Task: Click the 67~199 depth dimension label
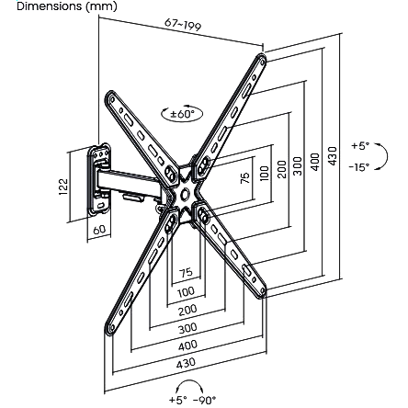click(183, 25)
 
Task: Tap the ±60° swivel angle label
click(183, 114)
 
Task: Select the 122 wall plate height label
click(63, 187)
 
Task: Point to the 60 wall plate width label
click(99, 230)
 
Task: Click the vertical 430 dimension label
click(332, 156)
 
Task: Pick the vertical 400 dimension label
click(314, 162)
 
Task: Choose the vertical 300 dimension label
click(298, 166)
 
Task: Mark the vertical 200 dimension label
click(281, 169)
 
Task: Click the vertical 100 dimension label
click(264, 174)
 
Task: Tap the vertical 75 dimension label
click(245, 178)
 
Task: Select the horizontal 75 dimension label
click(186, 272)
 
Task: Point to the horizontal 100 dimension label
click(186, 292)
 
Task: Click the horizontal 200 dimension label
click(187, 311)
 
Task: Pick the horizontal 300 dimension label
click(187, 329)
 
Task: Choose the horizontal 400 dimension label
click(187, 346)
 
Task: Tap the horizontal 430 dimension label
click(186, 363)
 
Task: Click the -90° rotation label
click(205, 400)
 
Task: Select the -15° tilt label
click(359, 167)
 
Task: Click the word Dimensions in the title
click(50, 6)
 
